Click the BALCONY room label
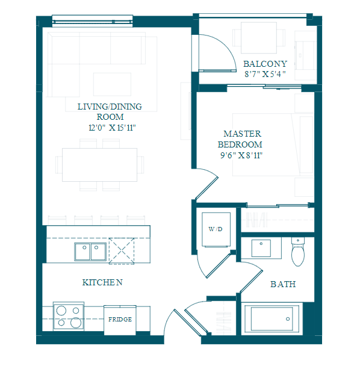[265, 64]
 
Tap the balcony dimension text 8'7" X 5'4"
[265, 74]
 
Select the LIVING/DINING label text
[110, 107]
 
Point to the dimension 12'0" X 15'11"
[112, 128]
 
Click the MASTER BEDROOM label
[240, 139]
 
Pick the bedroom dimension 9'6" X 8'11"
[241, 155]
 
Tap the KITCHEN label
[102, 282]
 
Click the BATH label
[283, 284]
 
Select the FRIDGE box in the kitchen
[120, 320]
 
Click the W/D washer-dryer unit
[216, 229]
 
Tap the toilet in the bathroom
[298, 252]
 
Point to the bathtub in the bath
[272, 319]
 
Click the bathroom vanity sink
[261, 248]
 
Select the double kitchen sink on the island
[90, 252]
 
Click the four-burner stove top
[69, 316]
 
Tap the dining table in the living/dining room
[100, 165]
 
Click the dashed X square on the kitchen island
[122, 251]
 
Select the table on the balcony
[259, 38]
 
